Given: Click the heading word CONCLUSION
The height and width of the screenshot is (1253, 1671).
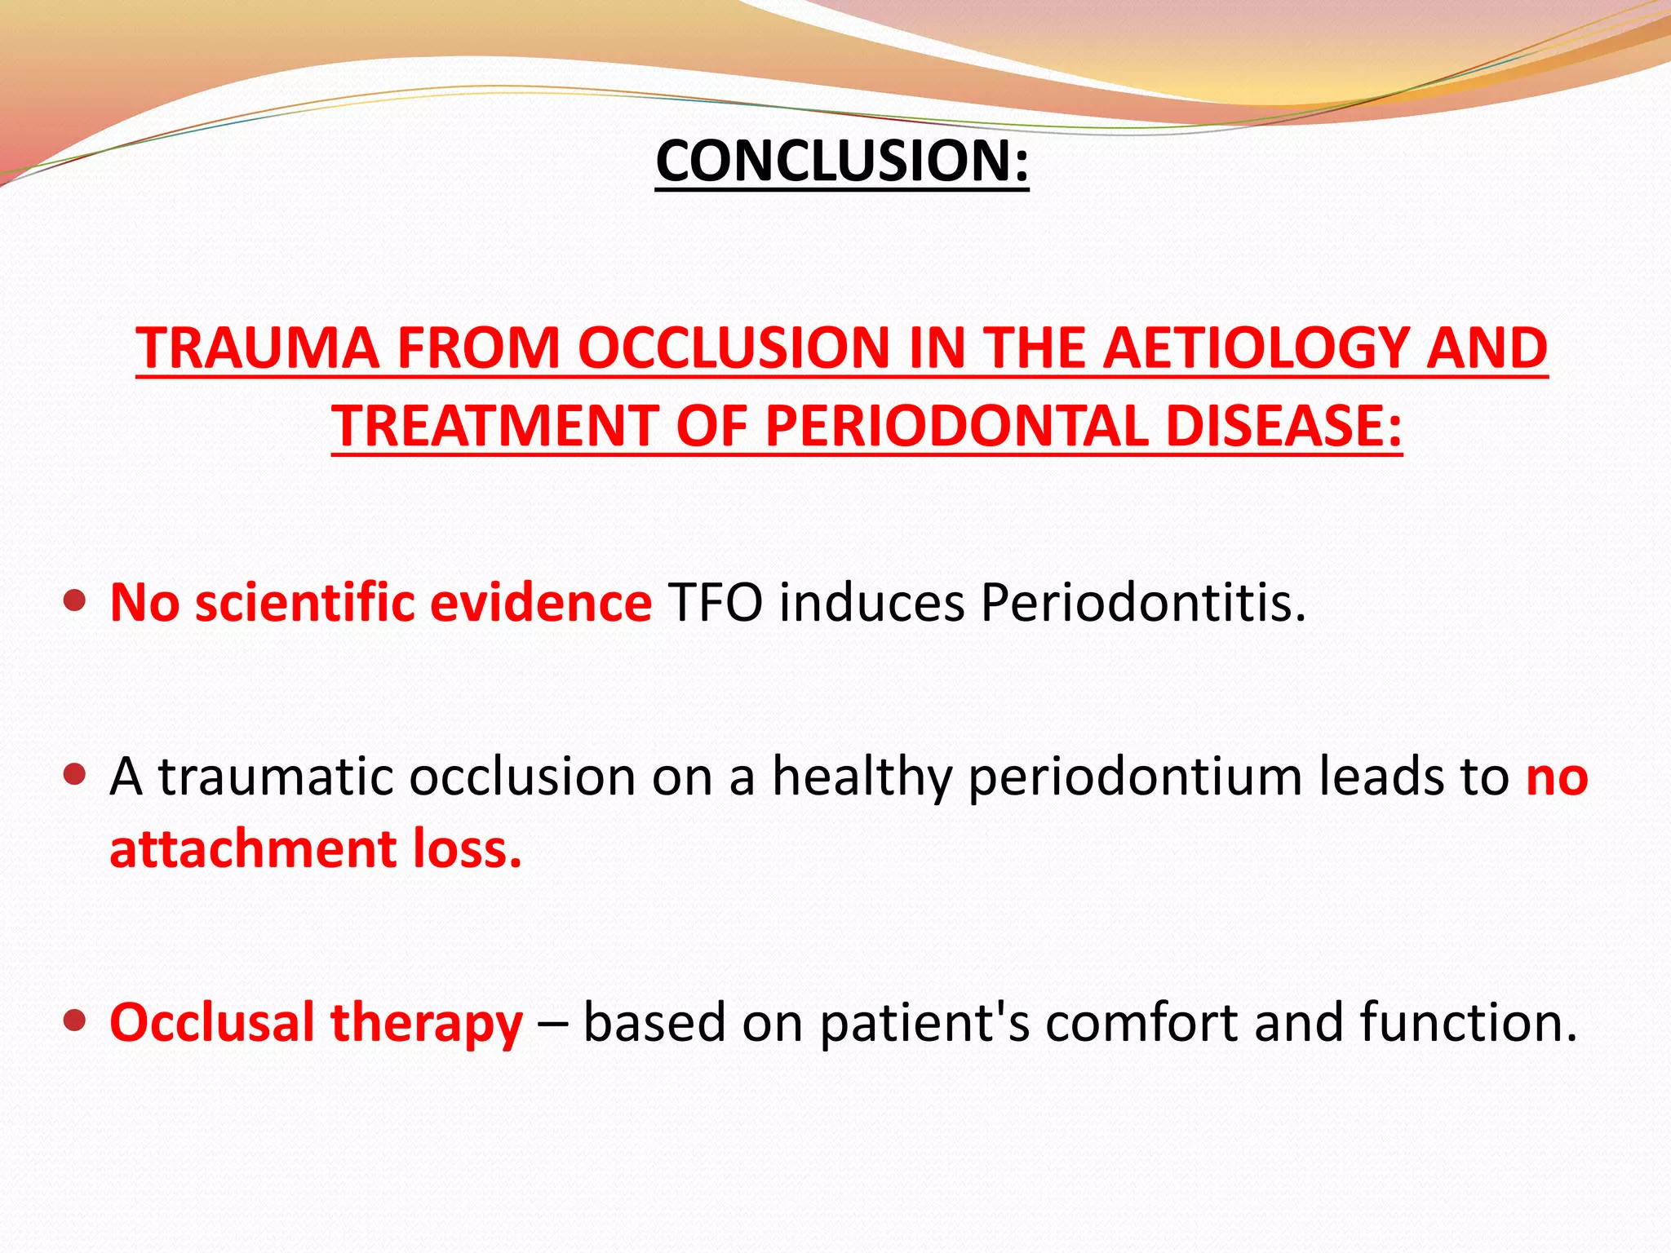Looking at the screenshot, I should click(832, 161).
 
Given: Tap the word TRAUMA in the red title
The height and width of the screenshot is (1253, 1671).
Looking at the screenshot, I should click(258, 349).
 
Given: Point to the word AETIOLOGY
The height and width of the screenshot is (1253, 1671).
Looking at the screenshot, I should click(1257, 349).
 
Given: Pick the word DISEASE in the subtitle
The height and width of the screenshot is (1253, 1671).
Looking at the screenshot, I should click(1283, 427).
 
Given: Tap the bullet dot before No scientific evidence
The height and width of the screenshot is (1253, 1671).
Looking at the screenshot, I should click(74, 601).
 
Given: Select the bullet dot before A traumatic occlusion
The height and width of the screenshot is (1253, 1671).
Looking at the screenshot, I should click(74, 774).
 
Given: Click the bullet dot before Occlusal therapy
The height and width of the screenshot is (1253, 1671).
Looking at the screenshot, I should click(74, 1021).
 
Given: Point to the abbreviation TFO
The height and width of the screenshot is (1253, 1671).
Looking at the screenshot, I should click(716, 603).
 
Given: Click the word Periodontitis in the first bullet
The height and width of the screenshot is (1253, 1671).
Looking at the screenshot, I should click(1142, 603).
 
